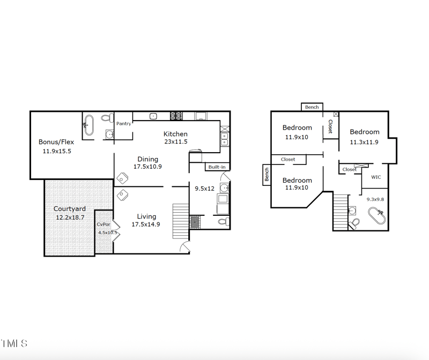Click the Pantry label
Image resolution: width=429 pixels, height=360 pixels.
(x=123, y=124)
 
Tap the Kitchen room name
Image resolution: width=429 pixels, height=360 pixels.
(x=175, y=134)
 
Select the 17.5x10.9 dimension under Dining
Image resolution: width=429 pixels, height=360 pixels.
(x=147, y=167)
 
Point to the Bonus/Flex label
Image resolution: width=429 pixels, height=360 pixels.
(x=56, y=142)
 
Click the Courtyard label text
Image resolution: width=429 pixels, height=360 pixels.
(x=70, y=209)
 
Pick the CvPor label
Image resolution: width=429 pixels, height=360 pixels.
(x=103, y=225)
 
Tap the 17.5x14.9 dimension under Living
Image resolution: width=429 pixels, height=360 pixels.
(x=146, y=224)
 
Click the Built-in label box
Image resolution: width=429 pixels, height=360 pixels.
(x=217, y=167)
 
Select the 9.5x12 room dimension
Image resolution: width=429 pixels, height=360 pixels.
(x=204, y=189)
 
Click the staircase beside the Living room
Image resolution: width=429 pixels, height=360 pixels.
(x=181, y=221)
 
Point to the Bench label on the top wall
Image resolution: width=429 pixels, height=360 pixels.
(x=312, y=107)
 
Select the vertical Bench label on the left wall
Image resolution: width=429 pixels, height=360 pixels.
(x=267, y=174)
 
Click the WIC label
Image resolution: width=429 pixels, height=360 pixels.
(x=376, y=177)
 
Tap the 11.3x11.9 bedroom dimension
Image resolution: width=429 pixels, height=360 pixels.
(x=364, y=142)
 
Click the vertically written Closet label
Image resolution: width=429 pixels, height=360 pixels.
(x=330, y=126)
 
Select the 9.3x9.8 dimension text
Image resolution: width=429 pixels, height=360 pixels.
(x=375, y=199)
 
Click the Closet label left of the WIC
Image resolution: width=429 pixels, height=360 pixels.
(x=349, y=169)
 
